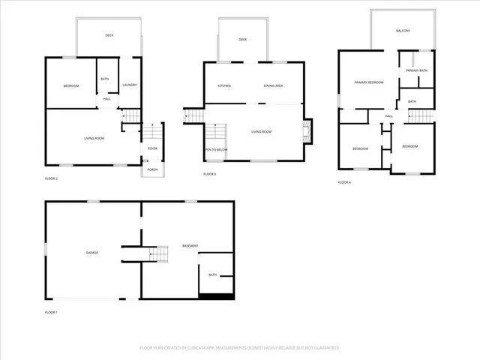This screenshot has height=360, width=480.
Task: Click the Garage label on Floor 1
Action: pyautogui.click(x=91, y=253)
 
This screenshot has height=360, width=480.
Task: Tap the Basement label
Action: pyautogui.click(x=190, y=247)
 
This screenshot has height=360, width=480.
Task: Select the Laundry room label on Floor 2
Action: pyautogui.click(x=130, y=85)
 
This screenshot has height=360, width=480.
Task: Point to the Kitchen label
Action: pyautogui.click(x=223, y=86)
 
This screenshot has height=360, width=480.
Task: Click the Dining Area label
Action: pyautogui.click(x=273, y=86)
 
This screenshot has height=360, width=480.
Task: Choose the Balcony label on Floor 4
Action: pyautogui.click(x=403, y=31)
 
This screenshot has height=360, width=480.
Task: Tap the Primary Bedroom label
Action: pyautogui.click(x=369, y=82)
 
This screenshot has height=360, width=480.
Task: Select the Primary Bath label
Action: pyautogui.click(x=416, y=70)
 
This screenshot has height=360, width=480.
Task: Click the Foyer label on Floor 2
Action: pyautogui.click(x=152, y=148)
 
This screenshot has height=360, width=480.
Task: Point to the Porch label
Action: pyautogui.click(x=152, y=169)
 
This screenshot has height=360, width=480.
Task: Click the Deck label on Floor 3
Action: pyautogui.click(x=243, y=40)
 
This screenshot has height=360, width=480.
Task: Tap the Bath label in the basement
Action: pyautogui.click(x=212, y=275)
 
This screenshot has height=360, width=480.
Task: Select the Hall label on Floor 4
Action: pyautogui.click(x=389, y=116)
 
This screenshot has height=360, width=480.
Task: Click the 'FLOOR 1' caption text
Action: pyautogui.click(x=51, y=312)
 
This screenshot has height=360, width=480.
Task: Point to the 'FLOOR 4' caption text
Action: pyautogui.click(x=344, y=182)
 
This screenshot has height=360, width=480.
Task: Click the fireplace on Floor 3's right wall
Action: pyautogui.click(x=306, y=132)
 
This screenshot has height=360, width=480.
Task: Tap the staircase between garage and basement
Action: pyautogui.click(x=160, y=254)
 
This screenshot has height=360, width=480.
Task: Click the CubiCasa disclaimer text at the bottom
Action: pyautogui.click(x=240, y=348)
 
